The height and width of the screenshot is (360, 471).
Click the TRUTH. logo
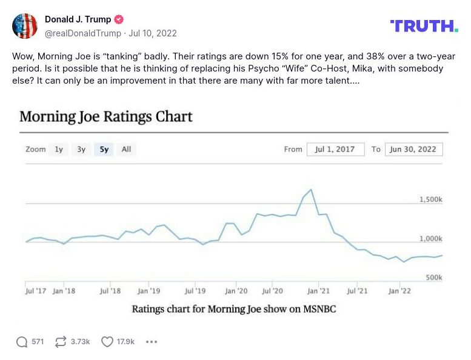click(424, 25)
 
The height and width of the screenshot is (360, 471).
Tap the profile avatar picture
click(25, 26)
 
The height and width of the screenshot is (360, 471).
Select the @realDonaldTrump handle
click(82, 33)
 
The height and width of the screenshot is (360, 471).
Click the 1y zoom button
click(59, 149)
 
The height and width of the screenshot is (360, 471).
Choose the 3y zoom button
click(81, 149)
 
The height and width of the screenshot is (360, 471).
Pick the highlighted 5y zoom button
click(104, 149)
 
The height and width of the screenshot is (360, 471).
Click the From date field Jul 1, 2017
click(335, 149)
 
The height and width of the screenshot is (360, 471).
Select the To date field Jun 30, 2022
click(413, 149)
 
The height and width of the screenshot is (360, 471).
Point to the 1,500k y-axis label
click(431, 199)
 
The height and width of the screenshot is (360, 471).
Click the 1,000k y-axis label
click(431, 239)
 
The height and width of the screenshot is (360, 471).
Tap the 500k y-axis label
click(433, 278)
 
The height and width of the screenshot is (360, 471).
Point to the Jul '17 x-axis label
click(36, 291)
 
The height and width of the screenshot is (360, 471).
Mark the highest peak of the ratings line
click(311, 190)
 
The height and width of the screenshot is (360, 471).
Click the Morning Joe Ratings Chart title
click(106, 116)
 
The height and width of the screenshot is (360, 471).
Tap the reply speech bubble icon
click(22, 342)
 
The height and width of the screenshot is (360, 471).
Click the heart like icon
click(107, 342)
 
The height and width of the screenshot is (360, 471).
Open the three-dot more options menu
click(152, 342)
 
